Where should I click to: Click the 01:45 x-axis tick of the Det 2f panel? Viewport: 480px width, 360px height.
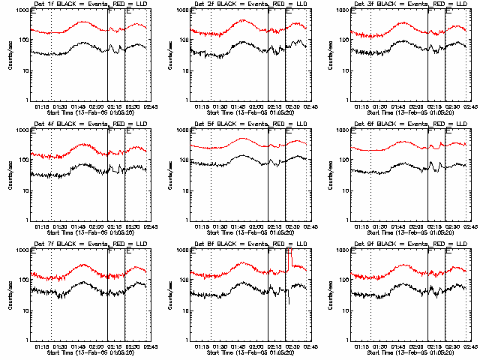240,106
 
